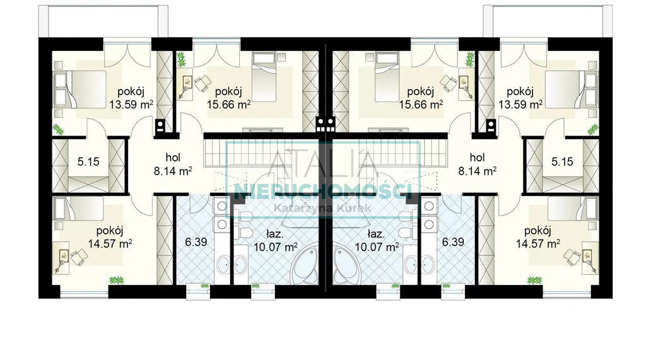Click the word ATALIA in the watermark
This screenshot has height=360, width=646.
tap(324, 164)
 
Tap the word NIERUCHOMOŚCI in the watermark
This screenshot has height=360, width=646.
tap(324, 190)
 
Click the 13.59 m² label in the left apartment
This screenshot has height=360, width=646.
tap(131, 104)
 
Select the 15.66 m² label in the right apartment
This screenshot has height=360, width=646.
tap(421, 104)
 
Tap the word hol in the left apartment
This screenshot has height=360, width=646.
tap(173, 158)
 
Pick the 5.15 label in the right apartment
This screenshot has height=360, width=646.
tap(562, 161)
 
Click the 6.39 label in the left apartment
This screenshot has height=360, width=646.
tap(196, 241)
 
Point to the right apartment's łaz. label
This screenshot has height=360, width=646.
tap(376, 235)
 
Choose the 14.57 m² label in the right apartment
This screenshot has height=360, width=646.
tap(538, 243)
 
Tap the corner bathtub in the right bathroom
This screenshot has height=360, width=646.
tap(346, 263)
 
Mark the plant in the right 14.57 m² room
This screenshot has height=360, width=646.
tap(533, 280)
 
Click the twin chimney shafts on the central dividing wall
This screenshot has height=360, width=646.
tap(326, 124)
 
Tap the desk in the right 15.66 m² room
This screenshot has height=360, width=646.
tap(465, 86)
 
